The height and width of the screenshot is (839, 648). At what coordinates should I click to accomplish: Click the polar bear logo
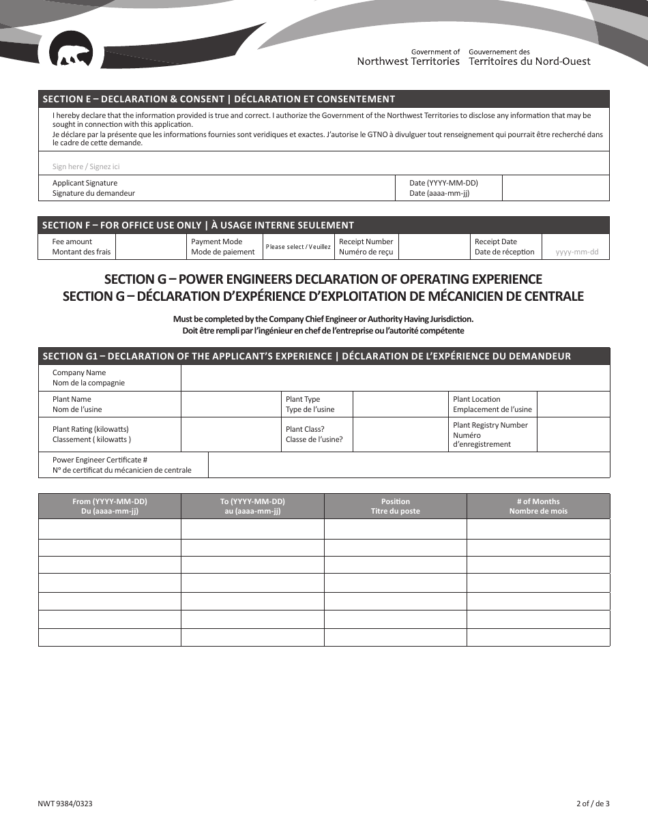pos(72,55)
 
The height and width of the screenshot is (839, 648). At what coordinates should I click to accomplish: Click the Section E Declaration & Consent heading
pos(218,99)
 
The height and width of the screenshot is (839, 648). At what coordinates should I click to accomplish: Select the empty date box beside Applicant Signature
pos(555,188)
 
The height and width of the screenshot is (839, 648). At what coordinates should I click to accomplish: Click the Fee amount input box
pos(149,247)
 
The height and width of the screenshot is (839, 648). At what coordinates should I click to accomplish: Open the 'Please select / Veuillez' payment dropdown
pos(298,247)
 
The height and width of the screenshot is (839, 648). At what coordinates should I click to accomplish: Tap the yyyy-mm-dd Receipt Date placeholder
pos(576,252)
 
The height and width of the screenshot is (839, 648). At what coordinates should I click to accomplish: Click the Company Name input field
pos(395,378)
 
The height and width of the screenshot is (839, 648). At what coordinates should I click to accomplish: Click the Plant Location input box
pos(573,404)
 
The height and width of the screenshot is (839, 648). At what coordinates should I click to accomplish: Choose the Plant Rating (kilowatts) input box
pos(231,435)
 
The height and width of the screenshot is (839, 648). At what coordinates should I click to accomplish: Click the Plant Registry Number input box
pos(573,435)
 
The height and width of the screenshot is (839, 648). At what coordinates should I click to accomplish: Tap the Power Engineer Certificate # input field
pos(408,465)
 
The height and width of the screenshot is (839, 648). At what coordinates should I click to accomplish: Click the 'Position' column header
pos(395,506)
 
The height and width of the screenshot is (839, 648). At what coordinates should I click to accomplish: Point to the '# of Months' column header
pos(538,506)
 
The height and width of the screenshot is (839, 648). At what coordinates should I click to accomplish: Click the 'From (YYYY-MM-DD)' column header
pos(109,506)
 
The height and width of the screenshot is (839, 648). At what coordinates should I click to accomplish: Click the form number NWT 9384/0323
pos(65,804)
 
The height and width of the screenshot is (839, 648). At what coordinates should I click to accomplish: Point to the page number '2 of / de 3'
pos(592,804)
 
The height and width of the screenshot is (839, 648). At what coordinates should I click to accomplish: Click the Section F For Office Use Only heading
pos(198,225)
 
